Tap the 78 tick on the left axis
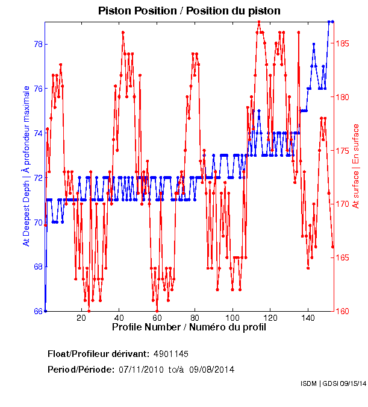[x=37, y=44]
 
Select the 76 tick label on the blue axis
[x=37, y=89]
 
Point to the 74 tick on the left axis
[x=37, y=133]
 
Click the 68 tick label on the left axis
[x=37, y=267]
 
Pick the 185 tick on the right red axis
[x=343, y=44]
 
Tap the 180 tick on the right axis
[x=343, y=97]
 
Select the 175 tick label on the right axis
[x=343, y=151]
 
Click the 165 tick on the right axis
[x=343, y=257]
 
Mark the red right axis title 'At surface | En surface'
[x=356, y=166]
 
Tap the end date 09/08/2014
[x=212, y=369]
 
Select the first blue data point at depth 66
[x=45, y=311]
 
